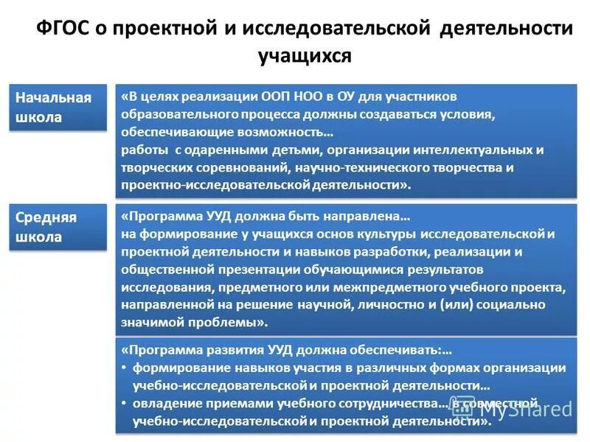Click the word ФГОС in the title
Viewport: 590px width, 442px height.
coord(63,28)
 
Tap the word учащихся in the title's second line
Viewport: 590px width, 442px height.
coord(305,55)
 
